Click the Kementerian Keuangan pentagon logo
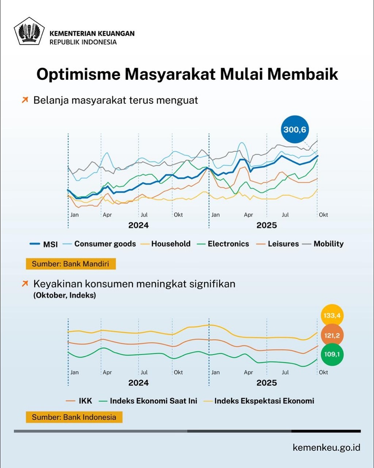pos(29,31)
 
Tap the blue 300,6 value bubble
pos(294,129)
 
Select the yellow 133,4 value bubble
pos(332,315)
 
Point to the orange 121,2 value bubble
pos(332,335)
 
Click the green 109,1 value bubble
pos(332,354)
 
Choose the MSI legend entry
pos(44,244)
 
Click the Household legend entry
pos(166,244)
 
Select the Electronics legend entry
pos(223,244)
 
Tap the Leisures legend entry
pos(278,244)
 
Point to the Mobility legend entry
pos(324,244)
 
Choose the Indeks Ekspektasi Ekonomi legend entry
pos(259,401)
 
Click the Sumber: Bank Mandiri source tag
pos(70,264)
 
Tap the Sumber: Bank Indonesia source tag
pos(74,417)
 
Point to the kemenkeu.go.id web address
pos(326,448)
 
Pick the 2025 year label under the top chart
pos(267,225)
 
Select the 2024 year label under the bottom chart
pos(138,383)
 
